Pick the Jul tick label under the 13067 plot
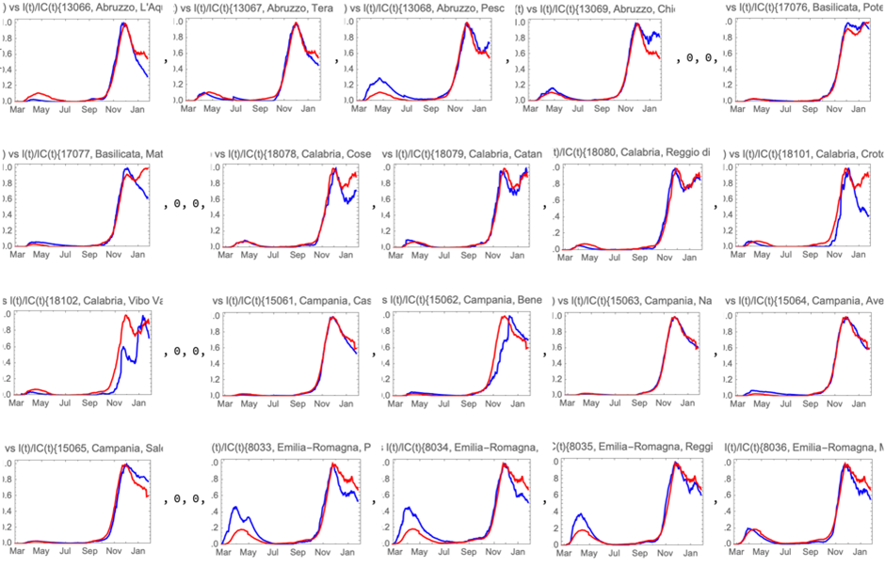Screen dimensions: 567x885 pos(237,109)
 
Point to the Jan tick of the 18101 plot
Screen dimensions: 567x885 pos(862,256)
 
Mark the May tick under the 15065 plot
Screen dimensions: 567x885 pos(40,549)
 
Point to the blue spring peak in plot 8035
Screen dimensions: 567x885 pos(580,514)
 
